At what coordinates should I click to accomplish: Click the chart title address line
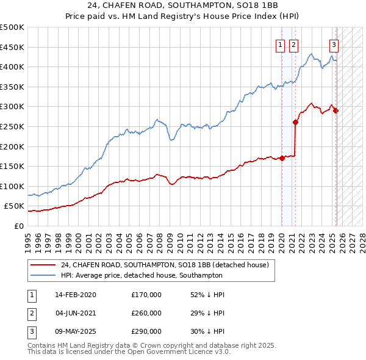pos(182,6)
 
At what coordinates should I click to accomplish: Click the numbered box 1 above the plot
pos(280,44)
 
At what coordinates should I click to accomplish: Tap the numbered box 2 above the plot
pos(293,44)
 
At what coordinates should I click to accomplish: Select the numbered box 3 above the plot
pos(334,44)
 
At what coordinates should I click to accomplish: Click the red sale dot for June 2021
pos(295,122)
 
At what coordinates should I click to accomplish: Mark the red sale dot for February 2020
pos(282,158)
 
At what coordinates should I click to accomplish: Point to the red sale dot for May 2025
pos(335,110)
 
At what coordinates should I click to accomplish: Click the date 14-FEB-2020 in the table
pos(76,295)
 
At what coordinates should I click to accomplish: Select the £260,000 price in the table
pos(146,313)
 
